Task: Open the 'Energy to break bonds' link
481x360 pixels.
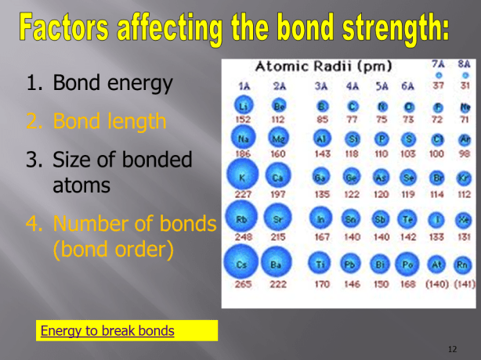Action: (x=107, y=330)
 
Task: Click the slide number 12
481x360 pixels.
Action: (x=451, y=347)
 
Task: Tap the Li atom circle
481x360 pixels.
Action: (x=244, y=105)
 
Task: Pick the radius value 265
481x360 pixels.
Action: (x=244, y=285)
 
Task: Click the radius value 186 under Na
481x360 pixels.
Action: (x=244, y=155)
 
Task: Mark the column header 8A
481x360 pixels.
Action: (x=465, y=63)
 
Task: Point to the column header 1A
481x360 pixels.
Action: (x=244, y=85)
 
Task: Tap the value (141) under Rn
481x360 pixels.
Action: (x=465, y=285)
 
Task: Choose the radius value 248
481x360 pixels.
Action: (x=244, y=236)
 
